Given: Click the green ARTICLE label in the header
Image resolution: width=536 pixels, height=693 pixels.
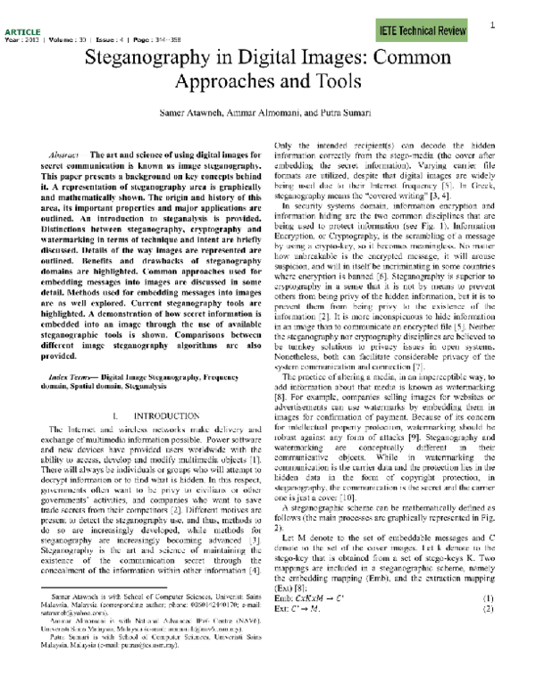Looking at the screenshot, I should (16, 31).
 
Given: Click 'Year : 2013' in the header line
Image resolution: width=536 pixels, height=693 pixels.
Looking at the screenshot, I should (24, 39).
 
